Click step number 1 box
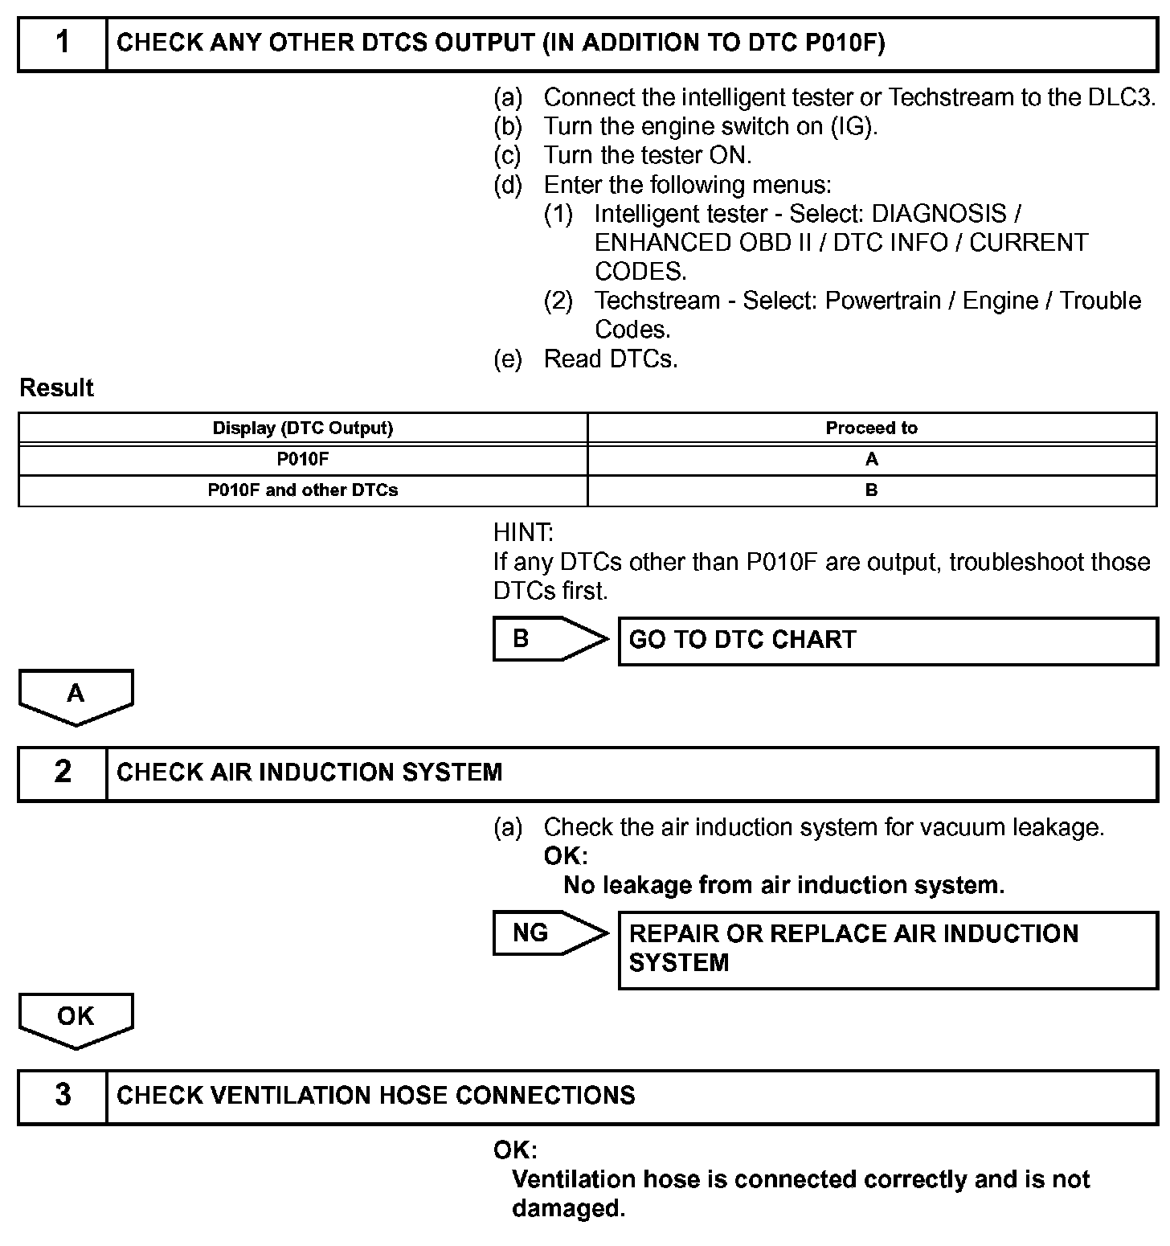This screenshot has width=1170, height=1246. (63, 43)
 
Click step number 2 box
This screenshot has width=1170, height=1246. (63, 773)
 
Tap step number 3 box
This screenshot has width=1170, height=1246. (63, 1096)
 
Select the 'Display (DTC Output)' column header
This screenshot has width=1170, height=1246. (303, 428)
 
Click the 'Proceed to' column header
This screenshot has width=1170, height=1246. (872, 428)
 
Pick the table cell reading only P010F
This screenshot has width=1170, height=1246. (303, 459)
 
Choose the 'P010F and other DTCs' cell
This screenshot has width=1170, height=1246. (303, 490)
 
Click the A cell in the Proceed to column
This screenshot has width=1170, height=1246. (872, 459)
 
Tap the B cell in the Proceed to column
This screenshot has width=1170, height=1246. (872, 490)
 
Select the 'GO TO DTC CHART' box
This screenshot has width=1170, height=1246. (887, 641)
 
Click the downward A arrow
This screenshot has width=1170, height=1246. (76, 695)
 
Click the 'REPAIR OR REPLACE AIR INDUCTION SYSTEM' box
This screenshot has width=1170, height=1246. (887, 949)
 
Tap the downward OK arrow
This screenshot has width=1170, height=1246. (76, 1019)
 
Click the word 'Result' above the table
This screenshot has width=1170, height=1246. (56, 388)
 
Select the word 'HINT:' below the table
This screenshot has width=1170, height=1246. (523, 532)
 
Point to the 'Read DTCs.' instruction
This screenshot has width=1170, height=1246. (611, 359)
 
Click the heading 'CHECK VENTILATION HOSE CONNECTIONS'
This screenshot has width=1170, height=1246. (375, 1096)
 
